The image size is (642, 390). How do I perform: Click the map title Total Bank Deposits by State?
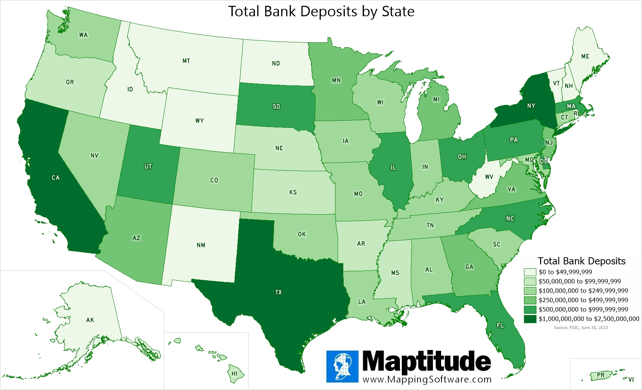coord(321,12)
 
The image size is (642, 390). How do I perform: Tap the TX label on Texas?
coord(278,292)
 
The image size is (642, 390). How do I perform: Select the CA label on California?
coord(55,178)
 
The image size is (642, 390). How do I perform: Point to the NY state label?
coord(531,106)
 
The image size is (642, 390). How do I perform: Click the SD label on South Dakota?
coord(276,106)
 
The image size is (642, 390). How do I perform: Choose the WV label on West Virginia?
coord(489,177)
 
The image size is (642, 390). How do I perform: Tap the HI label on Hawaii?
coord(235,374)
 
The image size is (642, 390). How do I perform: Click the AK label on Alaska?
coord(90,320)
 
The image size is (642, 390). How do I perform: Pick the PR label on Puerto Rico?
coord(600,375)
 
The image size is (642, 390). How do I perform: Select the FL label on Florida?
coord(500,325)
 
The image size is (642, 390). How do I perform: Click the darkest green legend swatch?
coord(530,319)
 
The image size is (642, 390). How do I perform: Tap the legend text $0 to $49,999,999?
coord(565,272)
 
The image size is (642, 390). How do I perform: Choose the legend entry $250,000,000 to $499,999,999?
coord(583,300)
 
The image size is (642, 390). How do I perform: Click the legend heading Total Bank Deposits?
coord(581,261)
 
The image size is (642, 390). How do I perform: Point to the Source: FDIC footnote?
coord(581,327)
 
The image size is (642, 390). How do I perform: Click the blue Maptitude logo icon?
coord(342,366)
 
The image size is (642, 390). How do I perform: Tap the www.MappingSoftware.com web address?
coord(427,379)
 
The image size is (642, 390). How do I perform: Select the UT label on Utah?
coord(148,166)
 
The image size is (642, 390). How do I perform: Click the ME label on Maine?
coord(585,56)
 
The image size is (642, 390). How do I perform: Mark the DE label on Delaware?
coord(543,161)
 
